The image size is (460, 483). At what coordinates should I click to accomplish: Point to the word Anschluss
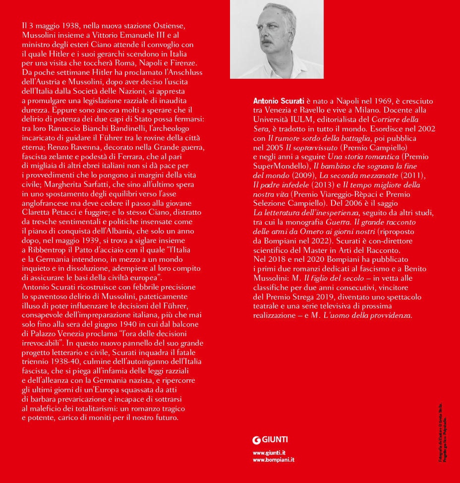click(x=181, y=72)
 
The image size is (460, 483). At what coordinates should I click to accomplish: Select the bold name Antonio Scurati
click(x=279, y=101)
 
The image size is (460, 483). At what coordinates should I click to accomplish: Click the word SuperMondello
click(x=281, y=166)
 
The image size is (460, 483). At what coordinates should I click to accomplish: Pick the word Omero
click(x=312, y=231)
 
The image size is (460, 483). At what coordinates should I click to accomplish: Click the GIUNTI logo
click(x=271, y=439)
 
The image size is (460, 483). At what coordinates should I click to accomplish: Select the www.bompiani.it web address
click(x=274, y=460)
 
